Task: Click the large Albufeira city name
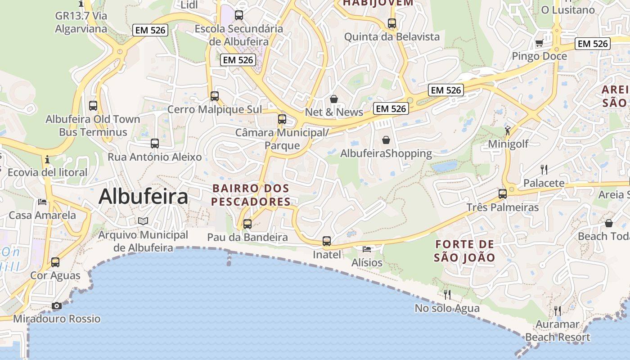143,197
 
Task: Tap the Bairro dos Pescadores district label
251,195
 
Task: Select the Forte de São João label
465,251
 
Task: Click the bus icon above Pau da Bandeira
247,224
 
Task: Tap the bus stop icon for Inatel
327,241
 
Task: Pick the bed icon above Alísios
367,249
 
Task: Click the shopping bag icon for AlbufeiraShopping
386,140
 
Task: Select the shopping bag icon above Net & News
334,99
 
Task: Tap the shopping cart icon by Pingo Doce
539,43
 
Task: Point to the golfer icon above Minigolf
508,130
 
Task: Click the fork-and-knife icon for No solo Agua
447,295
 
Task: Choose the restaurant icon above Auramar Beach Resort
558,310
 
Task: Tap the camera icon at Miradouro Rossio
56,306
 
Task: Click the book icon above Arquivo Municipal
143,221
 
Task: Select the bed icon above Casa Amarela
42,202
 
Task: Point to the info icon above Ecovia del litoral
47,159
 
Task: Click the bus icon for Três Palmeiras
503,194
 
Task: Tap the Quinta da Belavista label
391,37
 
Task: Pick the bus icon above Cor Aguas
55,262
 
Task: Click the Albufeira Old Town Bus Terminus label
93,126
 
